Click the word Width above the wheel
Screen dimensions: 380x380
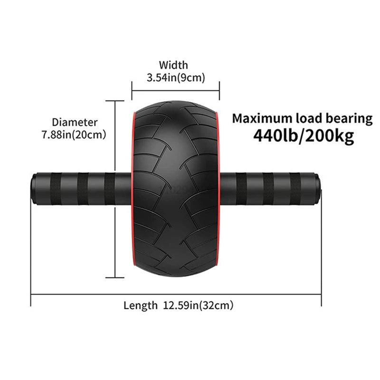(x=173, y=65)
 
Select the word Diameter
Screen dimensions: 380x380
(x=75, y=123)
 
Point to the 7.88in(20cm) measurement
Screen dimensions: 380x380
(x=73, y=135)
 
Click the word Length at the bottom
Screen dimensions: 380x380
(x=140, y=305)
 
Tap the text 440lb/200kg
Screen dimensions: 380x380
(x=303, y=136)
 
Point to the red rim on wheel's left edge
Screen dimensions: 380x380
(x=132, y=190)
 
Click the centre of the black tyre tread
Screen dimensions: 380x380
(x=175, y=190)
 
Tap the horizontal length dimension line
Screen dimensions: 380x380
(x=176, y=294)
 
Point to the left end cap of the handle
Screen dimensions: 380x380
(x=34, y=189)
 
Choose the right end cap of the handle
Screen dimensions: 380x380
(x=319, y=189)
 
